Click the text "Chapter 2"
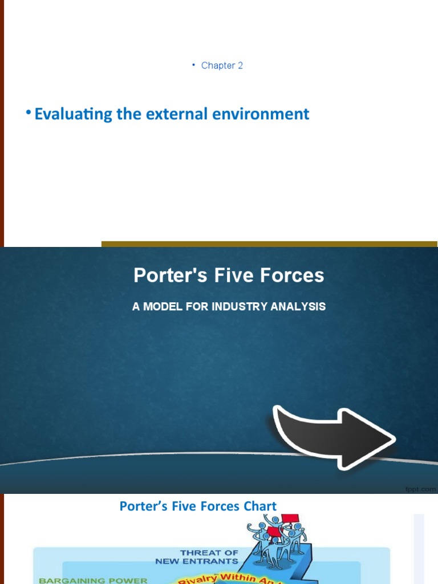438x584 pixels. [222, 66]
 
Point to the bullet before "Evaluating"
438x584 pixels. [28, 113]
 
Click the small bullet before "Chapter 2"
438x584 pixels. [193, 66]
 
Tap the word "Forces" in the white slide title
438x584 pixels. [290, 275]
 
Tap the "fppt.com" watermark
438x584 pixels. [421, 489]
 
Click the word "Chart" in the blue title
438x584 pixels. [259, 506]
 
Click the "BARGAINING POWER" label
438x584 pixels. [93, 581]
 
